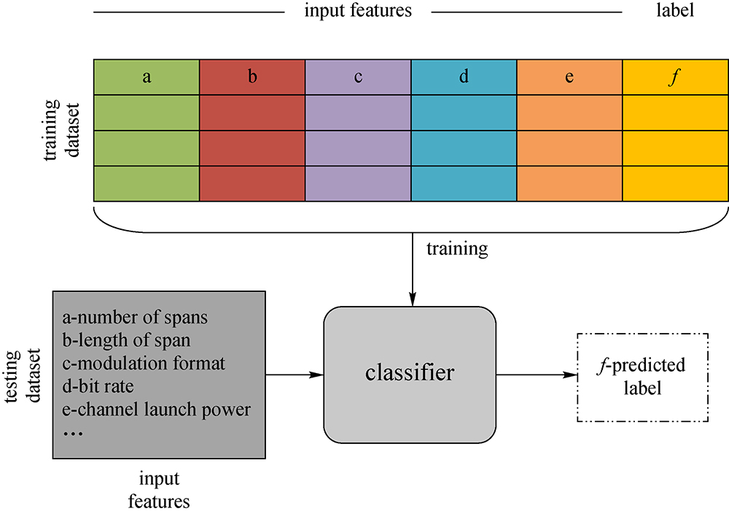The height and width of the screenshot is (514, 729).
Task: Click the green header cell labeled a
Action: [x=147, y=77]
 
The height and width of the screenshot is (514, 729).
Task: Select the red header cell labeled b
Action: [x=252, y=77]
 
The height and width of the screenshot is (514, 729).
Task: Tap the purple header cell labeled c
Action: [x=358, y=77]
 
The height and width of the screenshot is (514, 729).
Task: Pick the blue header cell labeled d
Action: [x=464, y=77]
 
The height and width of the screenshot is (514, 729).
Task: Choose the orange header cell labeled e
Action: [x=569, y=77]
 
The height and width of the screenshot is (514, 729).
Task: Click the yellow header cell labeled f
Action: [x=675, y=77]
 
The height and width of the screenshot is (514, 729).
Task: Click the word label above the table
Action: [x=675, y=11]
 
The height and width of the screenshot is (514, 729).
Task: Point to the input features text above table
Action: [x=358, y=11]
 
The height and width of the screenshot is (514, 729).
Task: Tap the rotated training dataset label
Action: [x=63, y=130]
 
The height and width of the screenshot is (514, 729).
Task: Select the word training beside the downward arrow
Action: [x=457, y=249]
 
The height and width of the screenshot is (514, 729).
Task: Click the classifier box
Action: [x=410, y=374]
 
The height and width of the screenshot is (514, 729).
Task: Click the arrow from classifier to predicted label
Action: [x=532, y=375]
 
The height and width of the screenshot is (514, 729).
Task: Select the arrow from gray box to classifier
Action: [x=295, y=375]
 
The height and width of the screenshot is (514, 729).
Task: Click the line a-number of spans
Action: [x=136, y=318]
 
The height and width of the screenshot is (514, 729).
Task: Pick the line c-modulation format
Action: [x=144, y=363]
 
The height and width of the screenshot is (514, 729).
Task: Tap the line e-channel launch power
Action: [x=157, y=408]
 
